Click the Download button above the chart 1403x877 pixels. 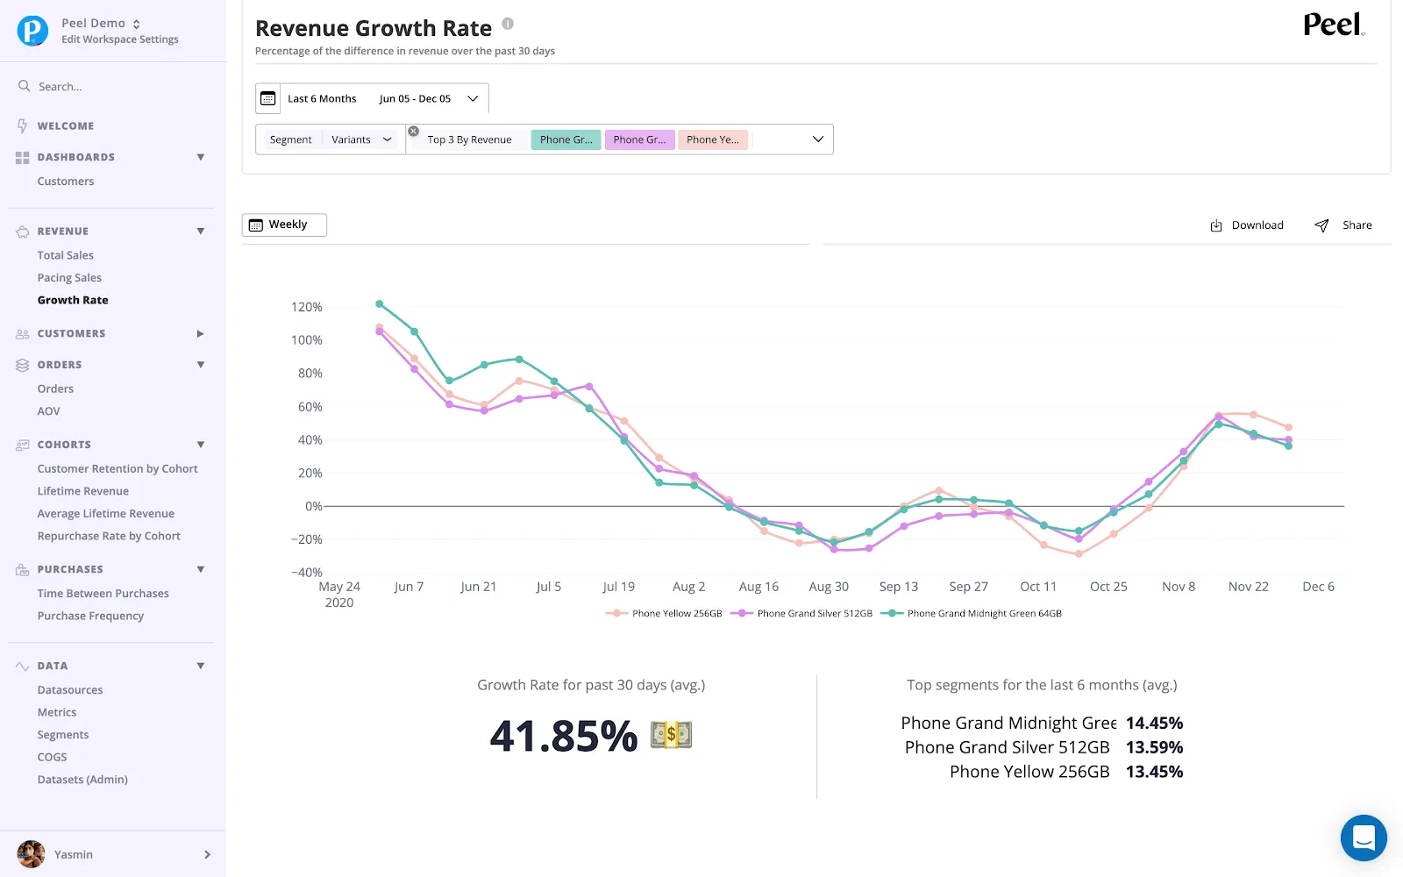pos(1246,225)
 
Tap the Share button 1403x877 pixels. pos(1342,225)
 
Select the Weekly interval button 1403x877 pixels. pos(284,225)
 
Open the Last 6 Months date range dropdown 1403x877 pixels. pos(372,98)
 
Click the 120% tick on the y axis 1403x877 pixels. pos(306,307)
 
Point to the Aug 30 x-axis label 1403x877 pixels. pos(828,587)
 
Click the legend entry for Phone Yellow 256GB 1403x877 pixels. pos(664,613)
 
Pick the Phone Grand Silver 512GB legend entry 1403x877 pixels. pos(801,613)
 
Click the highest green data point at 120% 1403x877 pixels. pos(380,303)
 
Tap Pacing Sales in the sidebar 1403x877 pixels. pos(69,277)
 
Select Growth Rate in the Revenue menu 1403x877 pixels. pos(73,300)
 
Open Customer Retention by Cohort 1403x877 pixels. pos(118,468)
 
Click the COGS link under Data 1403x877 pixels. pos(52,757)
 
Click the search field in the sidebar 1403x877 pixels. pos(113,87)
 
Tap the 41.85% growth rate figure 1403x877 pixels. pos(563,735)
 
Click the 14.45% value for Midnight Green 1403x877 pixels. pos(1154,723)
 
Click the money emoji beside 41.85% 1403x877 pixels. pos(671,734)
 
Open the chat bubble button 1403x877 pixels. pos(1364,838)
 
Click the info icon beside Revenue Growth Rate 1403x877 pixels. pos(508,24)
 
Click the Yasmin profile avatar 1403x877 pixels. pos(31,854)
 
